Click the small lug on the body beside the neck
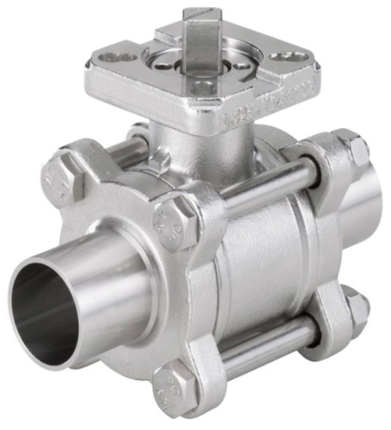159,163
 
